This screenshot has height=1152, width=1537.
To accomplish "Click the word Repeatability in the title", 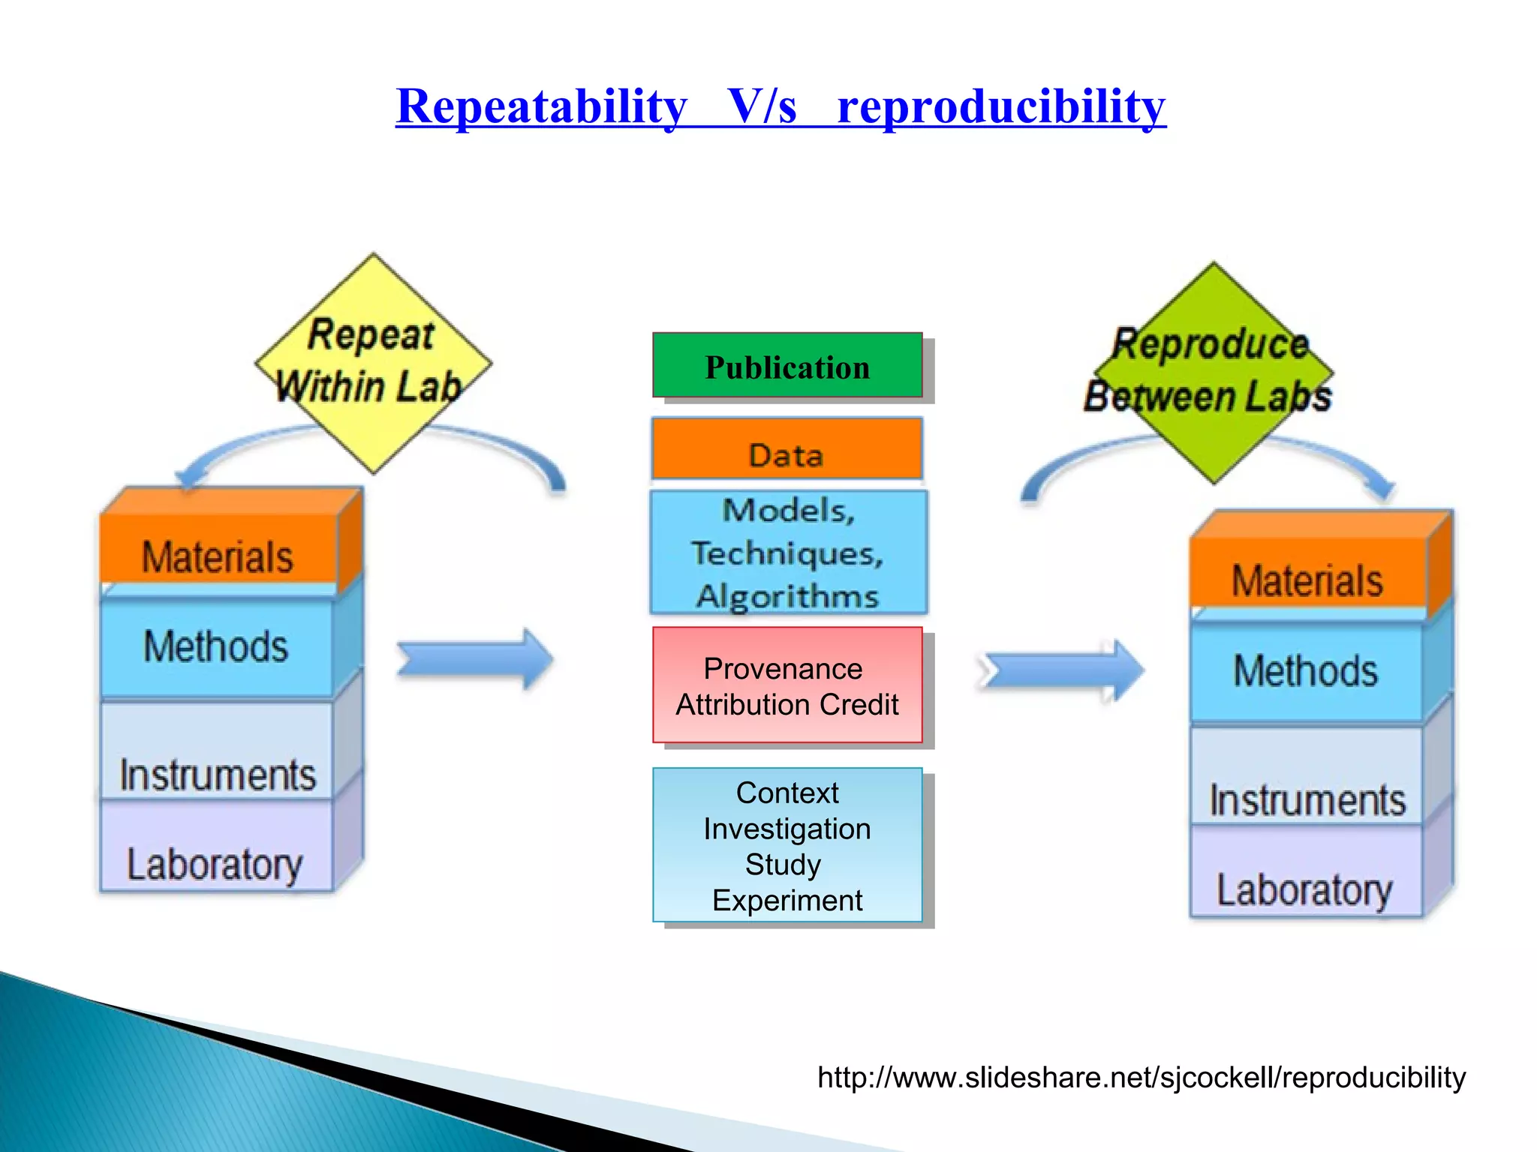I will (x=541, y=106).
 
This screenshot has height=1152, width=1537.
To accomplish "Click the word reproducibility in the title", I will (x=1001, y=106).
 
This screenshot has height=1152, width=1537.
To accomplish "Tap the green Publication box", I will (x=787, y=366).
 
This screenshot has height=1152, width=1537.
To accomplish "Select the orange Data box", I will (x=787, y=449).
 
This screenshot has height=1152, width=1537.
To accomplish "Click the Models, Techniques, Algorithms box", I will (x=788, y=553).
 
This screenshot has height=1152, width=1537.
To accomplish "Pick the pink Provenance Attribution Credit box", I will (x=787, y=685).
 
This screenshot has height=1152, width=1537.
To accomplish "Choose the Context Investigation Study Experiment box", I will (x=787, y=845).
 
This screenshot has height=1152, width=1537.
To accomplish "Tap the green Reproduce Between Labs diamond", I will (x=1214, y=372).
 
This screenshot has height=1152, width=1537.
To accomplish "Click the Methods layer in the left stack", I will (x=216, y=646).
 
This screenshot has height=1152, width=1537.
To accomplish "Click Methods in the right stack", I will (x=1306, y=670).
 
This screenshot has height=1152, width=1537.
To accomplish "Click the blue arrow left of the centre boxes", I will (x=474, y=658).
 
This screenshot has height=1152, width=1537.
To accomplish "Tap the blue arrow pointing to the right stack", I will (x=1061, y=670).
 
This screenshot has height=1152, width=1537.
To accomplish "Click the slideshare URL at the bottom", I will (x=1141, y=1078).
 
